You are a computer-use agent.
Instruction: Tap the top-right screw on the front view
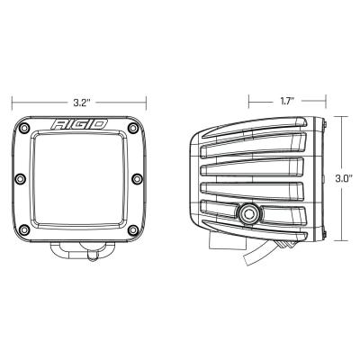click(x=136, y=127)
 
